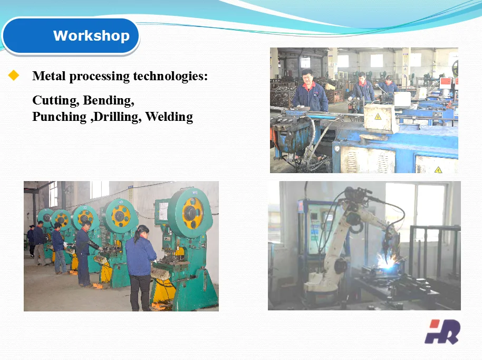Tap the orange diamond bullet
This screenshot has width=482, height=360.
(14, 76)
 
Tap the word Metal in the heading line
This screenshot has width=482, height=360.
(48, 76)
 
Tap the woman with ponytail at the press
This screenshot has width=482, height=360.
(140, 264)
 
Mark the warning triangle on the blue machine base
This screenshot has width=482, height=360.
(438, 169)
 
